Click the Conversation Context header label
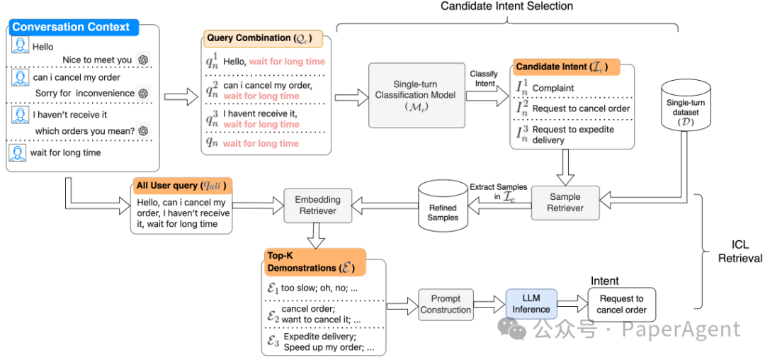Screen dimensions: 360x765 (x=71, y=28)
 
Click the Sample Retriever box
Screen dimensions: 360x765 (x=565, y=202)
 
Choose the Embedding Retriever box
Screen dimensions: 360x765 (x=317, y=206)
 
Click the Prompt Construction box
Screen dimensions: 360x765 (x=445, y=304)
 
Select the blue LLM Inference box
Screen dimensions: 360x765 (x=531, y=304)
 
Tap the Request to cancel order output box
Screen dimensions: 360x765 (x=621, y=304)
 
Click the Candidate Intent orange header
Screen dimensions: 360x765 (x=564, y=67)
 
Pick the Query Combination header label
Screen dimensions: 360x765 (x=259, y=38)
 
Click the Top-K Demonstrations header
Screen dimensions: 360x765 (x=314, y=262)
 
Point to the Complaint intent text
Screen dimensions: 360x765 (x=553, y=89)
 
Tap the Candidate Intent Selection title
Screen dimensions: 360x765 (x=506, y=6)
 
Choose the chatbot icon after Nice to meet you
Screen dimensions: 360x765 (x=143, y=60)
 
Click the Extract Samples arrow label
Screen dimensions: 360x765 (x=498, y=192)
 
